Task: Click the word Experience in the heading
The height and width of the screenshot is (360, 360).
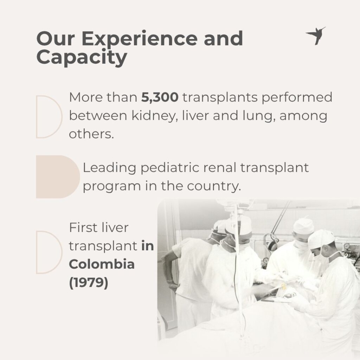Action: pos(139,39)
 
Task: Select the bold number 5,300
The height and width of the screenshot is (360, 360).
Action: pos(160,97)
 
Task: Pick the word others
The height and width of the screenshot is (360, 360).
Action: pos(91,134)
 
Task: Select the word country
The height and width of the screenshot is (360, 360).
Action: pos(214,186)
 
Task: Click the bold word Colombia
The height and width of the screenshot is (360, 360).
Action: pos(102,264)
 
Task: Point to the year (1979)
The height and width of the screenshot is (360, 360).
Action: pos(88,282)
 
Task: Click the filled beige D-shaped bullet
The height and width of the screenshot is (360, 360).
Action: pos(58,177)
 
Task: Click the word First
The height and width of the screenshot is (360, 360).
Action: pos(83,228)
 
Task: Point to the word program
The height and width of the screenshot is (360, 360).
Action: pos(112,187)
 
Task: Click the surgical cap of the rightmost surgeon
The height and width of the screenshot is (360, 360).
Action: pos(321,239)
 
